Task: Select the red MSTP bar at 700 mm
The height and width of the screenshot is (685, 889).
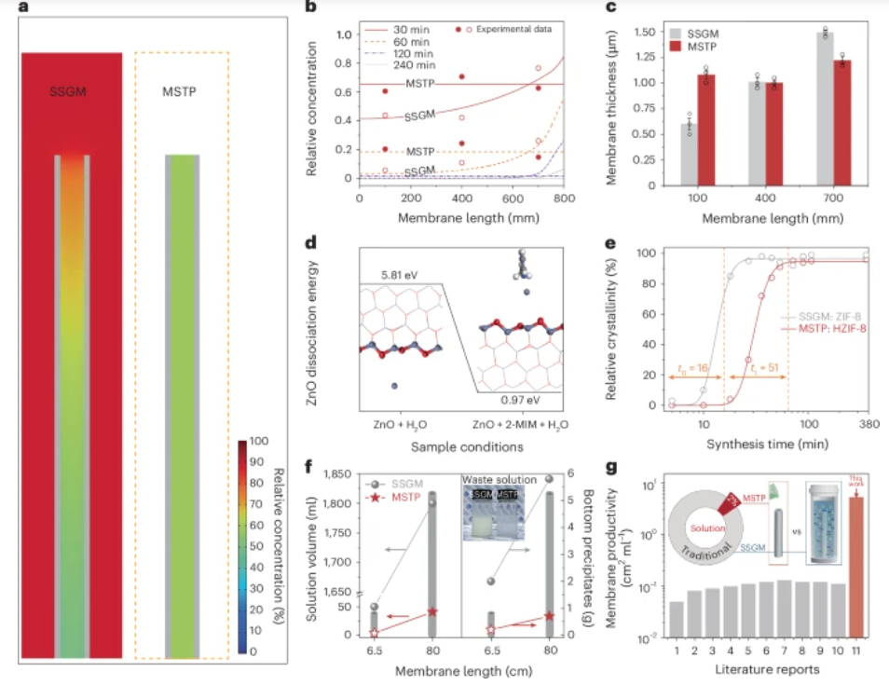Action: coord(841,123)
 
